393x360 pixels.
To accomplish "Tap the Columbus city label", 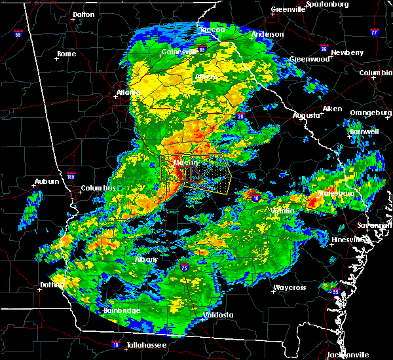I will [x=98, y=189].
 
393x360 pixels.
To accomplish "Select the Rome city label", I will [x=67, y=54].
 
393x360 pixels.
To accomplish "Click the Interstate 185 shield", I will [x=71, y=175].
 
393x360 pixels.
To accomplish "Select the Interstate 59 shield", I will [x=18, y=33].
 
